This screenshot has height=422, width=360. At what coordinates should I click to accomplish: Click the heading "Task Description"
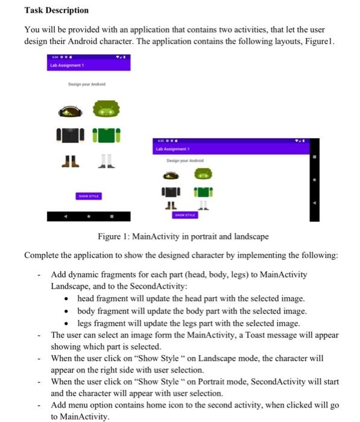[56, 10]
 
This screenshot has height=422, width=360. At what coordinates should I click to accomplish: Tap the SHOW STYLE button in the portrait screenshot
[89, 196]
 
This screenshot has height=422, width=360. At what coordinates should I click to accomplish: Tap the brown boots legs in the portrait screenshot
[71, 162]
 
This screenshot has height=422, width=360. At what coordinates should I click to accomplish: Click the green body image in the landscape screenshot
[203, 192]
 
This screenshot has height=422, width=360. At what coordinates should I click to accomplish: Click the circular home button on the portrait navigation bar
[89, 216]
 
